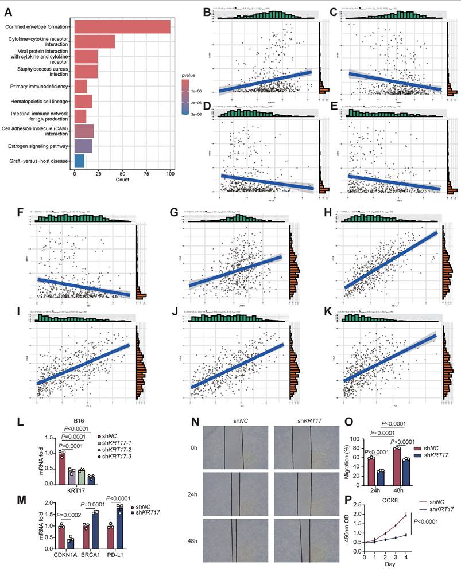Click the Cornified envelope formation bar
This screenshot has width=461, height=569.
click(x=122, y=27)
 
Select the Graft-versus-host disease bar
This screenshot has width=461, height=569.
click(x=79, y=161)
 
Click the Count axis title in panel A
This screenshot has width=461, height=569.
click(x=122, y=180)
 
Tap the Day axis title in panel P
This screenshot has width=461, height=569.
click(x=390, y=565)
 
